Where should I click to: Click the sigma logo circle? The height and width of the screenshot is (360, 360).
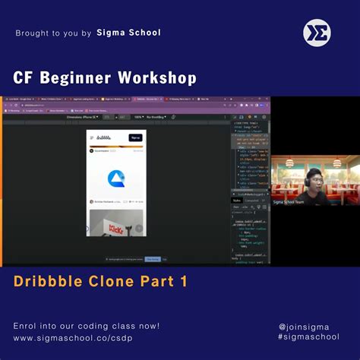click(x=317, y=32)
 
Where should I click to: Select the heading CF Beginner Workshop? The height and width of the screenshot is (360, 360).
click(x=105, y=78)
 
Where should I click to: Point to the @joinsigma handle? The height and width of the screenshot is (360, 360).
click(x=308, y=326)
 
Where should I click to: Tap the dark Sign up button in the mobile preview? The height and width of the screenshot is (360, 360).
click(x=135, y=137)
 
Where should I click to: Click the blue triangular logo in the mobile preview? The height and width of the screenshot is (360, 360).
click(x=116, y=178)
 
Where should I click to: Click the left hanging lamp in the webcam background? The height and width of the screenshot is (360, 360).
click(x=285, y=163)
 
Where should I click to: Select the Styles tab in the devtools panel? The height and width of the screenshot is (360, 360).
click(x=235, y=201)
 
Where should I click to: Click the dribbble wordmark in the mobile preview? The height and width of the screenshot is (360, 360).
click(x=105, y=137)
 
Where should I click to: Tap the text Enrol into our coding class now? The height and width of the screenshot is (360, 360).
click(x=87, y=326)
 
